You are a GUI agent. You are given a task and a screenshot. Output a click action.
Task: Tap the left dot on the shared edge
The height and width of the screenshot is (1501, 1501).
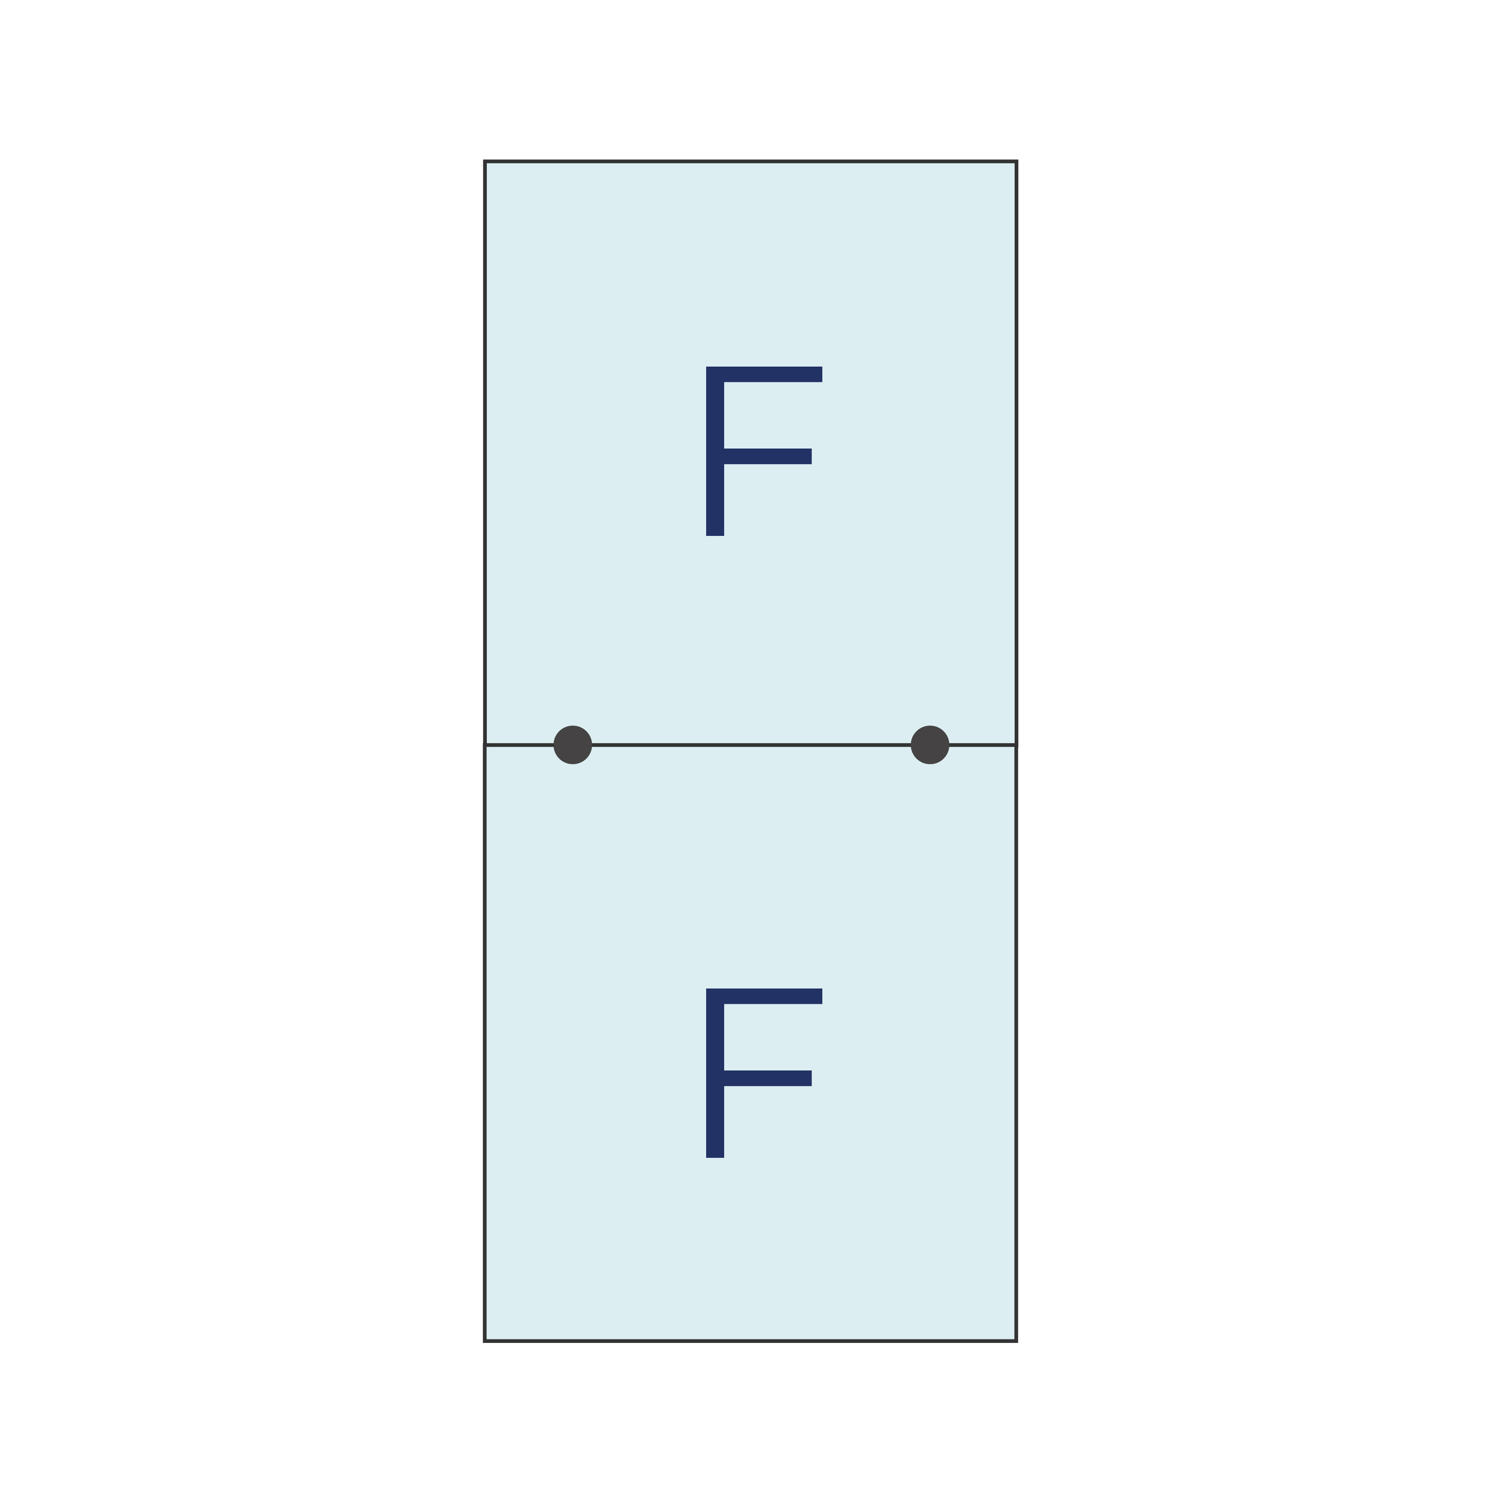572,745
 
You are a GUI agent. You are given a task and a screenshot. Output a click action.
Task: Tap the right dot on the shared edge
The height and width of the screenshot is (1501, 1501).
930,745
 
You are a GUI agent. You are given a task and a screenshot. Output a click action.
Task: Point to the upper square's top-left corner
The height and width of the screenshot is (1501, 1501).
485,162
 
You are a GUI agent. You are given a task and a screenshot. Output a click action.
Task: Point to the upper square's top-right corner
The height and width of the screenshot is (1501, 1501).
1016,162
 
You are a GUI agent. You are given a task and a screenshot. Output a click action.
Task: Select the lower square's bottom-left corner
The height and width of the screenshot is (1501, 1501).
485,1341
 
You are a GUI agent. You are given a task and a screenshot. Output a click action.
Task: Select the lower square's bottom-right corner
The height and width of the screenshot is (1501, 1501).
1016,1341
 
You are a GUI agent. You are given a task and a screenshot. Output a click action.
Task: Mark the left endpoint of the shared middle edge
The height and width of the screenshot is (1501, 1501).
485,745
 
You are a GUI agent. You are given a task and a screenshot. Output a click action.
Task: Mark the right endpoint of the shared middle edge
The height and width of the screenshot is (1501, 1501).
1016,745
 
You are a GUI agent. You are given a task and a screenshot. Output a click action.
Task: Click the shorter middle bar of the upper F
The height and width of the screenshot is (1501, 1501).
767,456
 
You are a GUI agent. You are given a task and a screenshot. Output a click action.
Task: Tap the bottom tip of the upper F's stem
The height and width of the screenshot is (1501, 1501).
715,535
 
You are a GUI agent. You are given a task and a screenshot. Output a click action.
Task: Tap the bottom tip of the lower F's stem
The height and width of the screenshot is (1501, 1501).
715,1157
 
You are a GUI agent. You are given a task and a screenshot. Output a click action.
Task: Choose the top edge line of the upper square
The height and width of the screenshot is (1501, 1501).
750,162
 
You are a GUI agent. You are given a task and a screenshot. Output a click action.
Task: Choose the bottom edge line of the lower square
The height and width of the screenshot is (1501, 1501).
750,1341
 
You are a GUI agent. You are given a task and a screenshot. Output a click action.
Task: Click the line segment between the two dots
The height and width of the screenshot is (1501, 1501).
751,745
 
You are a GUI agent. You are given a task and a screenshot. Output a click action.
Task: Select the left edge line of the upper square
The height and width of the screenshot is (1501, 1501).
485,453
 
